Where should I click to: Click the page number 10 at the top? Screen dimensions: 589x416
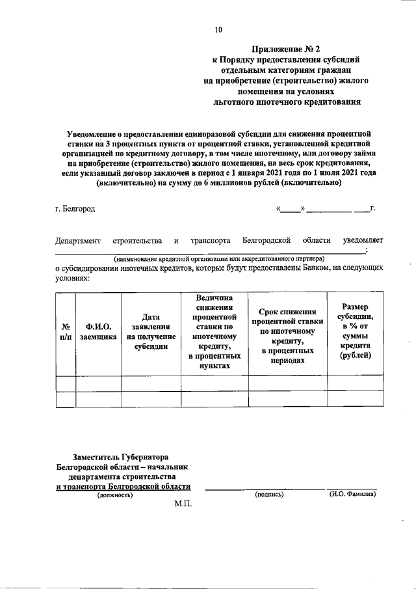(218, 29)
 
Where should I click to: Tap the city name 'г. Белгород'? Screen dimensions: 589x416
(75, 209)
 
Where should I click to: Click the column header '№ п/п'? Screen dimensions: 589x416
(66, 332)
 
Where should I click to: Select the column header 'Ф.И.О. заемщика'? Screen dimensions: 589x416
(99, 332)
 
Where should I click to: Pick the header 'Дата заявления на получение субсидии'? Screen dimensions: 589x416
(151, 332)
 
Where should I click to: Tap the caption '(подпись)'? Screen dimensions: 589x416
(270, 495)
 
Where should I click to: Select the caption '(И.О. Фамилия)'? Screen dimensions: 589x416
(352, 495)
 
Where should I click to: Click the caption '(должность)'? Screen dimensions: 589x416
(115, 495)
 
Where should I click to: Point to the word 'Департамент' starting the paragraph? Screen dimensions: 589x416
(78, 241)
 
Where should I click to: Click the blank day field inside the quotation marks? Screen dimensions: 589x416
(291, 209)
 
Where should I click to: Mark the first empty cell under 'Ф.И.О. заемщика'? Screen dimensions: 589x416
(99, 383)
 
